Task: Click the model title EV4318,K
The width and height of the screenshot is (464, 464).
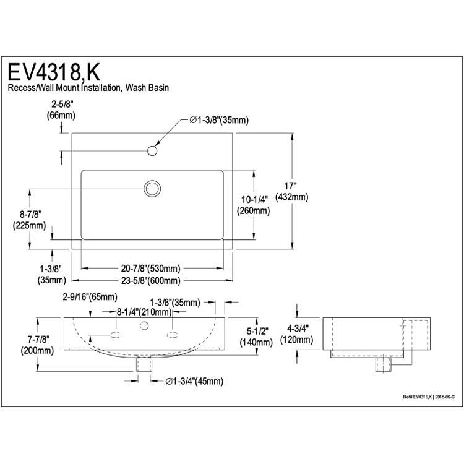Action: point(54,72)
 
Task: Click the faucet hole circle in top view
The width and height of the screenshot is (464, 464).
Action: point(152,150)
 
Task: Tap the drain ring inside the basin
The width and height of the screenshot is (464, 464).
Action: point(152,189)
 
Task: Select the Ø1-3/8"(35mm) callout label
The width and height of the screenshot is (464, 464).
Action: point(218,120)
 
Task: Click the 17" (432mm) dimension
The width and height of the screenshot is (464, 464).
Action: point(291,191)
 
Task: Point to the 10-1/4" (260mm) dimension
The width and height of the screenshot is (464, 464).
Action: point(253,205)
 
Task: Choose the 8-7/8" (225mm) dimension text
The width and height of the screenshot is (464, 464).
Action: point(29,220)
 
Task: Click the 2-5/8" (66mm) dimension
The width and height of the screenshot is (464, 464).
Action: point(61,110)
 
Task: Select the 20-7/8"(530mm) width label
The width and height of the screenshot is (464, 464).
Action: point(150,269)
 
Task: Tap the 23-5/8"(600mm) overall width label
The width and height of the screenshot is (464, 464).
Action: point(150,280)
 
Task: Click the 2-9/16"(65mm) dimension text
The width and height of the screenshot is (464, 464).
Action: point(90,297)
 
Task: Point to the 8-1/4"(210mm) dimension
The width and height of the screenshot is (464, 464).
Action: point(144,312)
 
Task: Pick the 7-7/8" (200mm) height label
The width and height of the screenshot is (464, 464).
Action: point(37,345)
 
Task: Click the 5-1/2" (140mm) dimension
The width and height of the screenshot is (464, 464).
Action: point(256,337)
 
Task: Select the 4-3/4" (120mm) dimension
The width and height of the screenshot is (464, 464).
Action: point(296,334)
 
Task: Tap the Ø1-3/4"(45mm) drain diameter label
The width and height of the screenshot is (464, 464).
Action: point(194,381)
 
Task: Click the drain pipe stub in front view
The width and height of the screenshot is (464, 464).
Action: point(144,364)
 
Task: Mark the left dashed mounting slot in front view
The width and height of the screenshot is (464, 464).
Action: point(116,335)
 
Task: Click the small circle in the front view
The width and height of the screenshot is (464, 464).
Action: point(144,326)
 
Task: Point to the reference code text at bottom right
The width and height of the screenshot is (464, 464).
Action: point(429,397)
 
